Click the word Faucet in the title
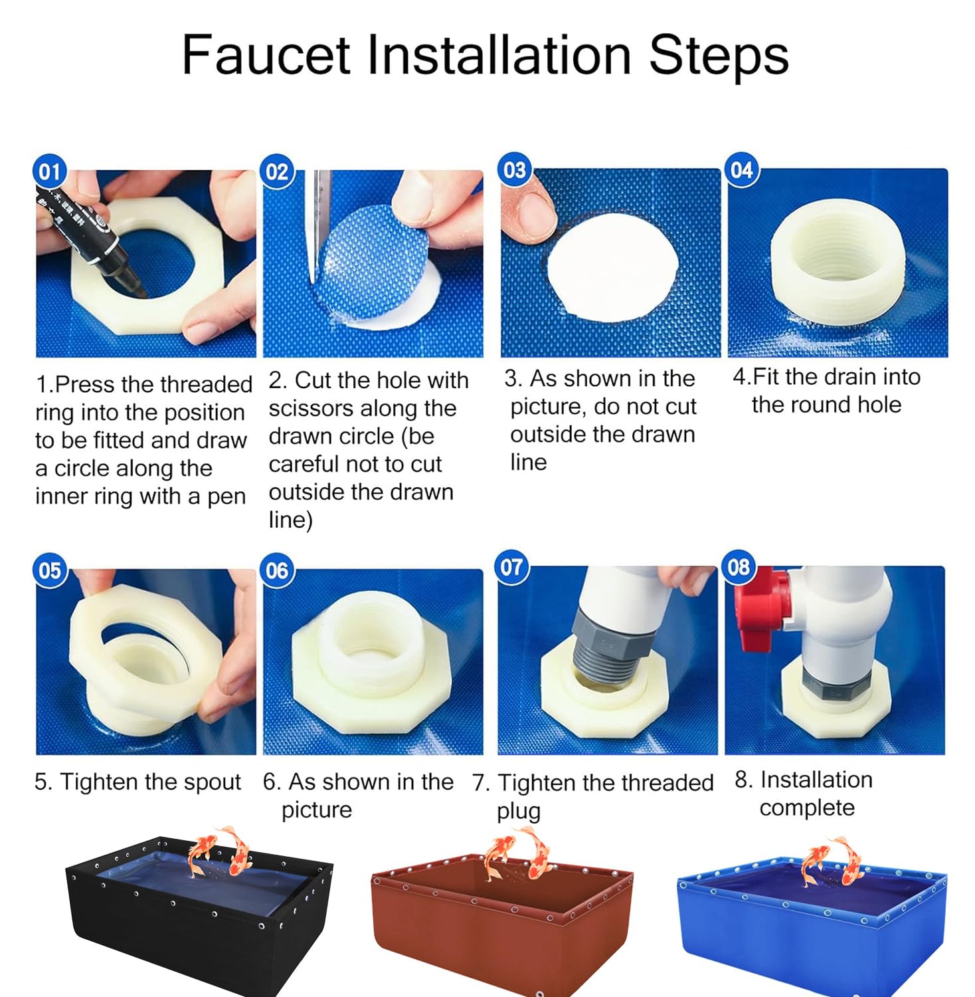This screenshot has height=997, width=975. click(x=266, y=54)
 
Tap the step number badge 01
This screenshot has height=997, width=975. click(x=50, y=172)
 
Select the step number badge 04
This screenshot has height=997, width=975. click(x=741, y=170)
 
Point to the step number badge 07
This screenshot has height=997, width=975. click(x=512, y=568)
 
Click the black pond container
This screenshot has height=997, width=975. click(x=199, y=913)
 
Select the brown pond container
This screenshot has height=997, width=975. click(x=502, y=927)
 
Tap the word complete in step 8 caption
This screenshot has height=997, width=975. click(x=807, y=808)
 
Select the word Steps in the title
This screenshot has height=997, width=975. click(x=719, y=55)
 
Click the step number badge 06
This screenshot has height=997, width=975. click(x=277, y=570)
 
